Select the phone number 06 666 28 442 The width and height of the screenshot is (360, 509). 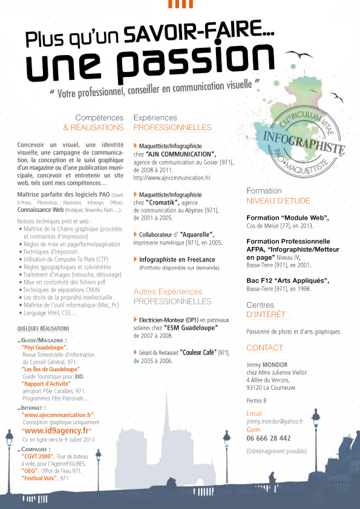click(x=269, y=438)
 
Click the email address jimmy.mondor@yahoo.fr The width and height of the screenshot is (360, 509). click(x=275, y=420)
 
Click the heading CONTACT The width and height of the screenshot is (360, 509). click(x=264, y=347)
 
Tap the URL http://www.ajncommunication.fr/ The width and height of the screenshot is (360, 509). click(x=171, y=178)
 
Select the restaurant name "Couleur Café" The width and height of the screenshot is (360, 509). click(x=196, y=352)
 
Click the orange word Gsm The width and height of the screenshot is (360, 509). click(x=253, y=429)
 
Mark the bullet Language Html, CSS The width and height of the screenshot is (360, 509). click(x=50, y=313)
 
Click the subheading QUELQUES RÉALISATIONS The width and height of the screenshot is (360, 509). click(x=44, y=329)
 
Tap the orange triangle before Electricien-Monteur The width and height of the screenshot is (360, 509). click(x=135, y=319)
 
